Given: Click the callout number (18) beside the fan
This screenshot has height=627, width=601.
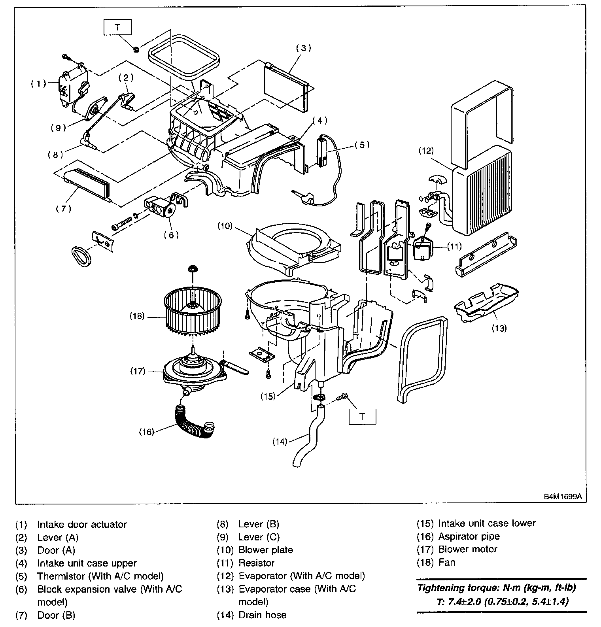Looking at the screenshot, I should pos(137,316).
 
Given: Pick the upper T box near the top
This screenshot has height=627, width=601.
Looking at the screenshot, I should pos(117,27).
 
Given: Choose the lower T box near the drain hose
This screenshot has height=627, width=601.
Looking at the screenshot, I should pos(362,416).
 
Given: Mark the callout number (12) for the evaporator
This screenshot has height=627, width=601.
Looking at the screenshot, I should pos(427,151).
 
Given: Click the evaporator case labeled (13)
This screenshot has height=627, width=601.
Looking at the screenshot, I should pos(486,302).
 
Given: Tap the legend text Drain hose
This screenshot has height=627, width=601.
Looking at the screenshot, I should pos(262,615).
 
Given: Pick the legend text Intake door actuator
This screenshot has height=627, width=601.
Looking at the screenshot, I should pos(82,525).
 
